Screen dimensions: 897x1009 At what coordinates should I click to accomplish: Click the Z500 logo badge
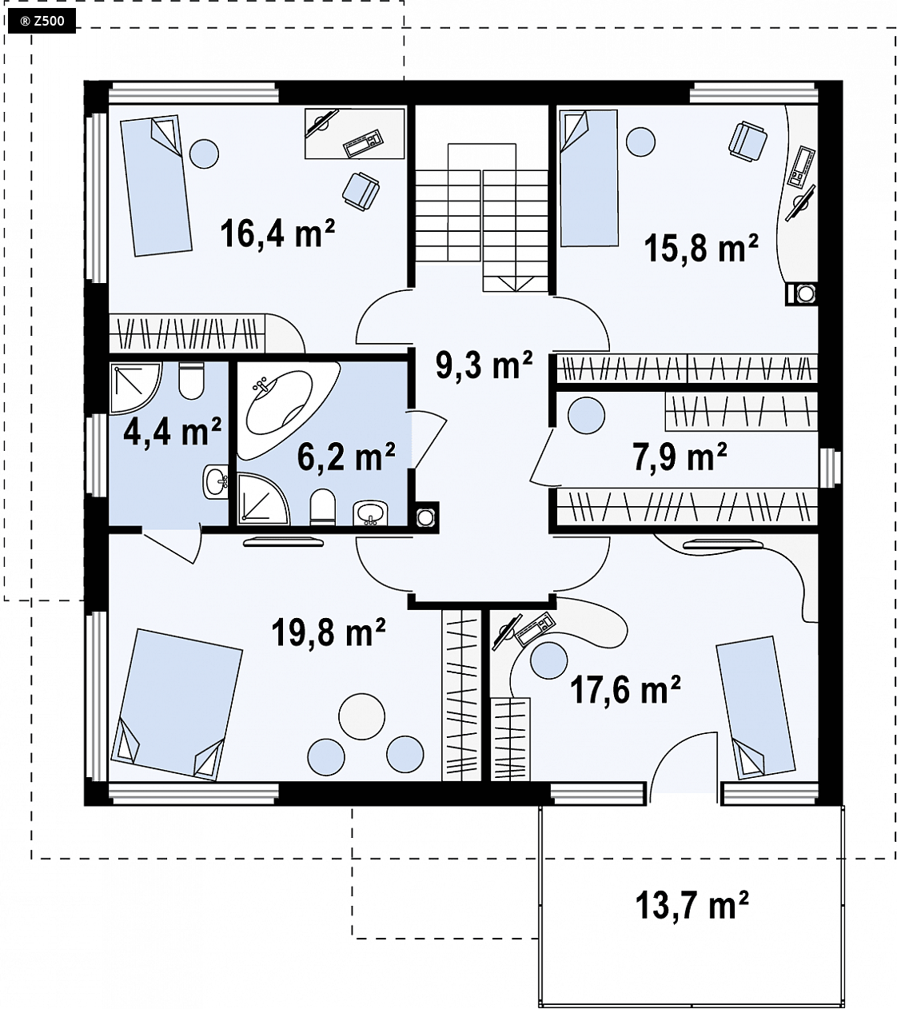tap(42, 22)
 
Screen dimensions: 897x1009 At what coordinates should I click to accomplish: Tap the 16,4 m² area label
tap(277, 233)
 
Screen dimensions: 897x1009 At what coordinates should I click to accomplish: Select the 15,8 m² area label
tap(701, 248)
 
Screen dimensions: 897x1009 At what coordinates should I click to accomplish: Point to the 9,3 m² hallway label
tap(484, 365)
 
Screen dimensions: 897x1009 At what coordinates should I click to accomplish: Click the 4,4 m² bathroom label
tap(173, 431)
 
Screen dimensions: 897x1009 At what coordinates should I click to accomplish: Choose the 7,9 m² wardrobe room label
tap(680, 457)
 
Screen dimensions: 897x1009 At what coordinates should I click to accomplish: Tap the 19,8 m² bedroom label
tap(329, 632)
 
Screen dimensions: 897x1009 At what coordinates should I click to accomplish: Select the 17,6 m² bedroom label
tap(625, 690)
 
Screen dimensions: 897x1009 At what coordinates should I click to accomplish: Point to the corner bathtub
tap(284, 408)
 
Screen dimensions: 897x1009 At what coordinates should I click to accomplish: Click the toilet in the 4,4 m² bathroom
tap(191, 381)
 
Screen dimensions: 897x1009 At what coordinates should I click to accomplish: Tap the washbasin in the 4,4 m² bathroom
tap(216, 481)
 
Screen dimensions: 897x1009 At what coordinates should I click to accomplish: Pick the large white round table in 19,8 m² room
tap(361, 716)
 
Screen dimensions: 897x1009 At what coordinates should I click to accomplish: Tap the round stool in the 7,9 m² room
tap(586, 415)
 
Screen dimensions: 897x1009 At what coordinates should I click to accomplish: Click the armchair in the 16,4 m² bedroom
tap(361, 191)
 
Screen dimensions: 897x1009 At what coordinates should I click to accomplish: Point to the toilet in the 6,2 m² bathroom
tap(322, 506)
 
